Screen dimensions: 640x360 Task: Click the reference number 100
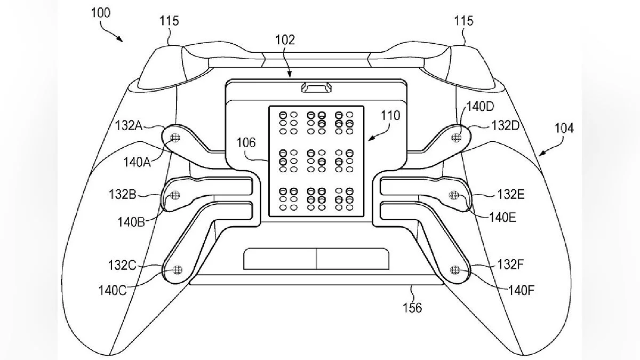101,13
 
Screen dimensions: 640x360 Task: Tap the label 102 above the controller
285,39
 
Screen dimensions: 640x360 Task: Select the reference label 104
564,129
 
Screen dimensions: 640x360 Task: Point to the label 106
246,142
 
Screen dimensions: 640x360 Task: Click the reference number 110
390,116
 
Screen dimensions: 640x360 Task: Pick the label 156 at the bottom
412,308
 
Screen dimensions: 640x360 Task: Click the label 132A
129,125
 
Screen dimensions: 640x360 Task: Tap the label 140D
481,107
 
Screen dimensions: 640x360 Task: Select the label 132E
511,195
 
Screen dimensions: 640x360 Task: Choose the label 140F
521,291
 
